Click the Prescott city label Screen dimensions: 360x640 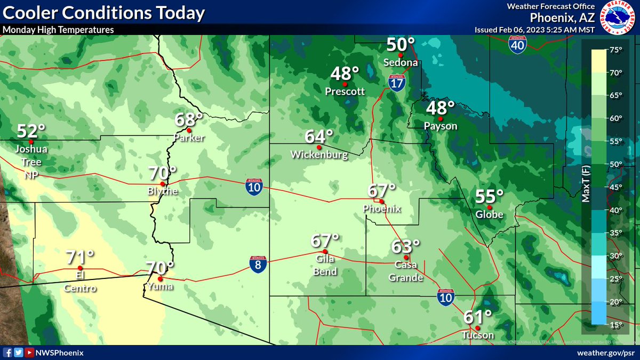[345, 92]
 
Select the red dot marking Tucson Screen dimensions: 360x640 [478, 327]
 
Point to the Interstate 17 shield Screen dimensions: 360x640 [396, 82]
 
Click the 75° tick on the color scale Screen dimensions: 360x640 [616, 50]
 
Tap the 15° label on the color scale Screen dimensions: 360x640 [616, 325]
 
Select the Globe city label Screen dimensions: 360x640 [489, 215]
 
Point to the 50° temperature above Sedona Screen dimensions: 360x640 [401, 45]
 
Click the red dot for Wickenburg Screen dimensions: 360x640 [319, 147]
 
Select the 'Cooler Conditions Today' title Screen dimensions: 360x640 [103, 13]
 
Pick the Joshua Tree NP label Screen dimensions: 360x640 [31, 162]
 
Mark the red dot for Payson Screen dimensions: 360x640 [441, 118]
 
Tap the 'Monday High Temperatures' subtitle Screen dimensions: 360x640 [58, 30]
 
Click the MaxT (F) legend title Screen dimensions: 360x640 [586, 184]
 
